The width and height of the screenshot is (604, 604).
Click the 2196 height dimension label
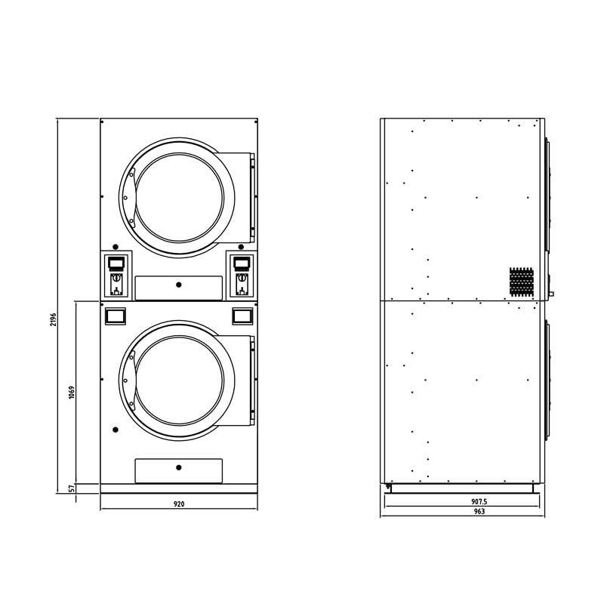pyautogui.click(x=53, y=319)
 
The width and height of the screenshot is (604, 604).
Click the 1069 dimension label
pyautogui.click(x=72, y=392)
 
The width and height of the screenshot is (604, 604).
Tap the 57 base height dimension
pyautogui.click(x=72, y=488)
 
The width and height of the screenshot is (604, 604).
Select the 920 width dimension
pyautogui.click(x=179, y=504)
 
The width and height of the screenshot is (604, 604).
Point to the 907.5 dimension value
pyautogui.click(x=479, y=501)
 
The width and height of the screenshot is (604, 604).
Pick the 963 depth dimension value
pyautogui.click(x=479, y=512)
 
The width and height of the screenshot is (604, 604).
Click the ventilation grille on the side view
pyautogui.click(x=522, y=282)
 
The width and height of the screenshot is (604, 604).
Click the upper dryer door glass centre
pyautogui.click(x=180, y=198)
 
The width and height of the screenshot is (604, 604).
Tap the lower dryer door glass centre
pyautogui.click(x=180, y=381)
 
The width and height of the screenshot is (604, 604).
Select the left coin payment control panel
pyautogui.click(x=116, y=276)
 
